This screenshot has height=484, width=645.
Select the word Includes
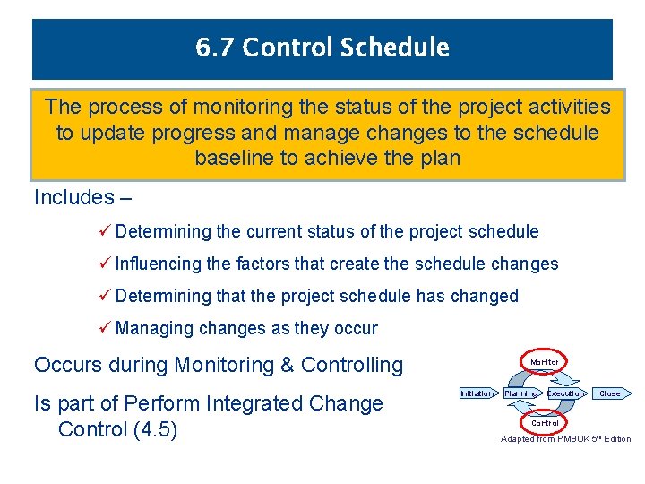(x=73, y=197)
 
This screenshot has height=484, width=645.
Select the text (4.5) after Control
(x=155, y=429)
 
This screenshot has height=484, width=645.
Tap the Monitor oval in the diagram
(x=545, y=363)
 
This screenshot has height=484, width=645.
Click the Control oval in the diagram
(x=545, y=423)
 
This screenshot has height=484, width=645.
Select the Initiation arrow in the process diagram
(x=477, y=393)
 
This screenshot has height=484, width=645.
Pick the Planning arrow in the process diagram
(x=521, y=393)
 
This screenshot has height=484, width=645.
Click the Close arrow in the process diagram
(x=610, y=393)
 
